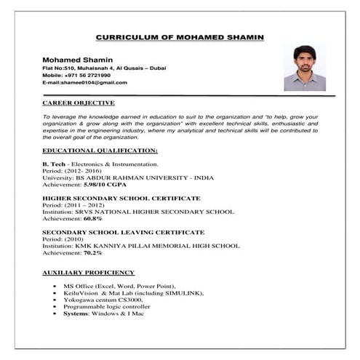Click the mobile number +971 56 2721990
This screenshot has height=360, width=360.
pyautogui.click(x=87, y=75)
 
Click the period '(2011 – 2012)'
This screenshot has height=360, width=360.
pyautogui.click(x=83, y=204)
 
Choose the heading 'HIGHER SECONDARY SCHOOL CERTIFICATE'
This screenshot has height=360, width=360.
pyautogui.click(x=121, y=198)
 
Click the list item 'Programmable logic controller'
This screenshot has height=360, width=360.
pyautogui.click(x=103, y=305)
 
